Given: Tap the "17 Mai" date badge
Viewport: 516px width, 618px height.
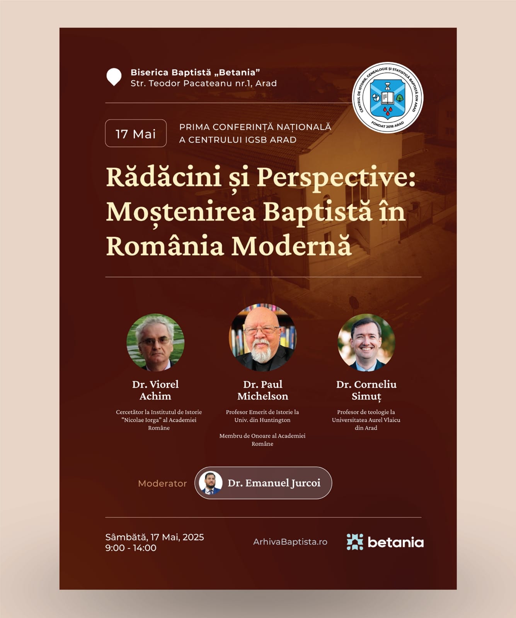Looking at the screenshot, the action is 136,133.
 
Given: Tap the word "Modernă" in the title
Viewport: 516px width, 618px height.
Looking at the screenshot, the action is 291,246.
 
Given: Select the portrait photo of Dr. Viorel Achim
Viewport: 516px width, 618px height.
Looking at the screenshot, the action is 155,342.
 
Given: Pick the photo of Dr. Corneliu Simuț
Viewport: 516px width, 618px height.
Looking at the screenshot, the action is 366,342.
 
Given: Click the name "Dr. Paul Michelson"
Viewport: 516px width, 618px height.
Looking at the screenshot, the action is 263,390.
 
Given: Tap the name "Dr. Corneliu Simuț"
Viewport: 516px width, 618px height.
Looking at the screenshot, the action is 366,390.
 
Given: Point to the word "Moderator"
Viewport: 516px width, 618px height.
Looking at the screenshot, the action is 162,484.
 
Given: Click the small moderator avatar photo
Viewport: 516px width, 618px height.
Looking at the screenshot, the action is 211,483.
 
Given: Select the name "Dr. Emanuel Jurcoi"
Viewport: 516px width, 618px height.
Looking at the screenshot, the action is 274,483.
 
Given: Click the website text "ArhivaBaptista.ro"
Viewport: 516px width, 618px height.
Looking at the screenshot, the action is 290,542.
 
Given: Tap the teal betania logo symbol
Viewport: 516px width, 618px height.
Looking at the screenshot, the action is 355,542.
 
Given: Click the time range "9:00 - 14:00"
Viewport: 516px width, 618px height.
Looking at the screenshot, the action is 131,548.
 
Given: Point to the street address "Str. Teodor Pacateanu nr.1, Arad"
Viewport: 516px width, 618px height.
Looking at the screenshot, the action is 204,83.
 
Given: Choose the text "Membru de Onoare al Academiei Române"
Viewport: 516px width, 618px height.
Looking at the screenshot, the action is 262,440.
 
